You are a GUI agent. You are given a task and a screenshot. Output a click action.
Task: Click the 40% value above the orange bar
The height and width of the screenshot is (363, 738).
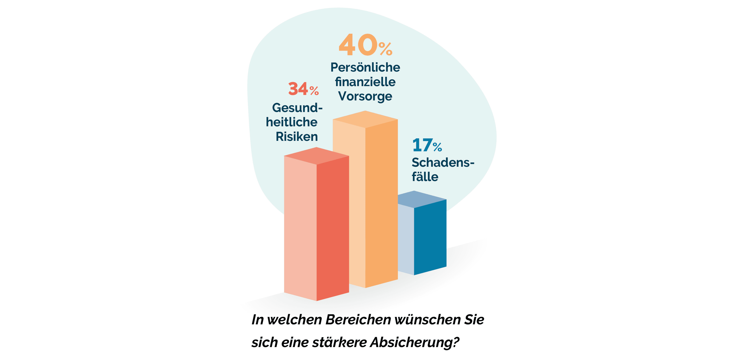point(365,45)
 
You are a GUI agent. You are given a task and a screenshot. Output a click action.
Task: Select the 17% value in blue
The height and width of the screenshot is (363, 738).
point(427,145)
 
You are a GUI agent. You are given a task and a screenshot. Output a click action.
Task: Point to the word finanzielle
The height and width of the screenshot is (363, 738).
point(365,82)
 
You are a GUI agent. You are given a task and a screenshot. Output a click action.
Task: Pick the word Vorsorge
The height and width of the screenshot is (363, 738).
point(365,96)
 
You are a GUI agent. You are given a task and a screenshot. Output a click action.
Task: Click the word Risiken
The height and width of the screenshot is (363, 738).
point(297,137)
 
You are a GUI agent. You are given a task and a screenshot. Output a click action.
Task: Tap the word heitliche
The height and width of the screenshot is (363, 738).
point(292,122)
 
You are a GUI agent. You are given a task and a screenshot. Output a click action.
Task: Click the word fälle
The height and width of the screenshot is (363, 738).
point(425,177)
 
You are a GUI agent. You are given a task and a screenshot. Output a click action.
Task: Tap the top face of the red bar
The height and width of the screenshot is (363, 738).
point(316,156)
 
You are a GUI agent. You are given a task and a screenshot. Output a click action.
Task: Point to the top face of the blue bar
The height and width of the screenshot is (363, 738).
point(418,199)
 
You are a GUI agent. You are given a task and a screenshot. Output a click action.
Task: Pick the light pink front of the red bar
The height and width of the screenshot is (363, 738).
point(300,229)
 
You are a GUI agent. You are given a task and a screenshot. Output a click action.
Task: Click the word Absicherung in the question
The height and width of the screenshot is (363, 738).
point(415,342)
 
